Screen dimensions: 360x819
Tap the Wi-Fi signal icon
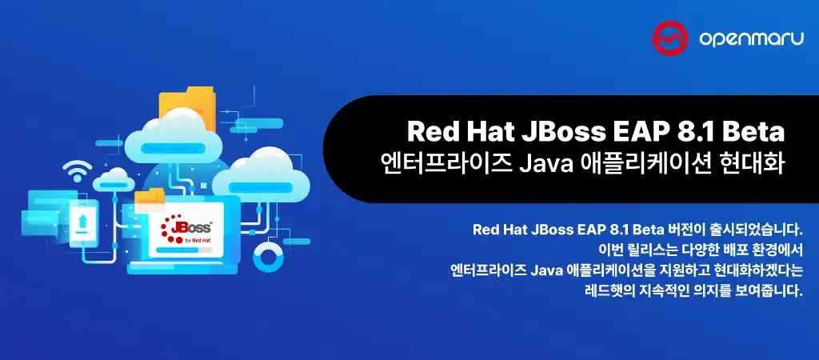(78, 170)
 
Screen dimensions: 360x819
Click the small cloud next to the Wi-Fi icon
(116, 177)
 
